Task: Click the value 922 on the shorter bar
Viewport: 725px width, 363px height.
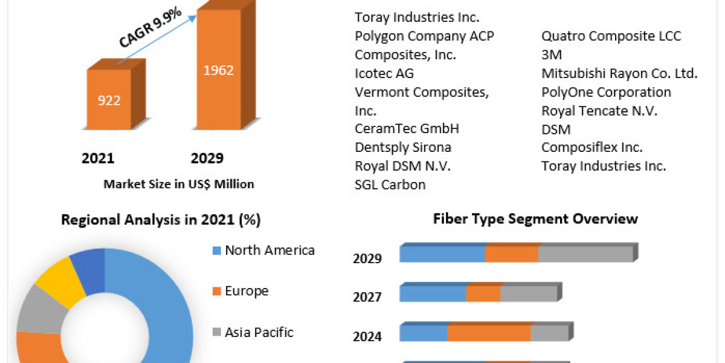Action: click(x=109, y=100)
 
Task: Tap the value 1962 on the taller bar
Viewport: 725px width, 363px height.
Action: click(x=218, y=70)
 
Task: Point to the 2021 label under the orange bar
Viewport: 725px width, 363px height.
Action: click(x=98, y=159)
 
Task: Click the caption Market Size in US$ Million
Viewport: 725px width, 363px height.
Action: click(x=179, y=184)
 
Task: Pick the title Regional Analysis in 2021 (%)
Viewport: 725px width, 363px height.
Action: click(x=161, y=220)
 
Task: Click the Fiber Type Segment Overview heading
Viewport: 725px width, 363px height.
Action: click(x=535, y=218)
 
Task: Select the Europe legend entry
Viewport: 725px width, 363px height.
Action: click(x=246, y=291)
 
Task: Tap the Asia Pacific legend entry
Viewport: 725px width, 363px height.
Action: click(x=259, y=332)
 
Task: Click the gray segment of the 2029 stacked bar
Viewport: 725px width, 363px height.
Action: click(x=585, y=255)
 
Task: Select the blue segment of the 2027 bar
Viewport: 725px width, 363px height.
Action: click(x=433, y=294)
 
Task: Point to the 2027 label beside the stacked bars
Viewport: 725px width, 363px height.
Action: click(x=367, y=297)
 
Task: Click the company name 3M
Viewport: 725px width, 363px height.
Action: click(x=552, y=55)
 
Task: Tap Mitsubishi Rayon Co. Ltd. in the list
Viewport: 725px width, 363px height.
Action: click(x=619, y=74)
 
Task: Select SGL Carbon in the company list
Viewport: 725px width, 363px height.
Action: click(x=390, y=185)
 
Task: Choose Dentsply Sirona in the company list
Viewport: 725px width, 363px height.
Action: click(x=403, y=148)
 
